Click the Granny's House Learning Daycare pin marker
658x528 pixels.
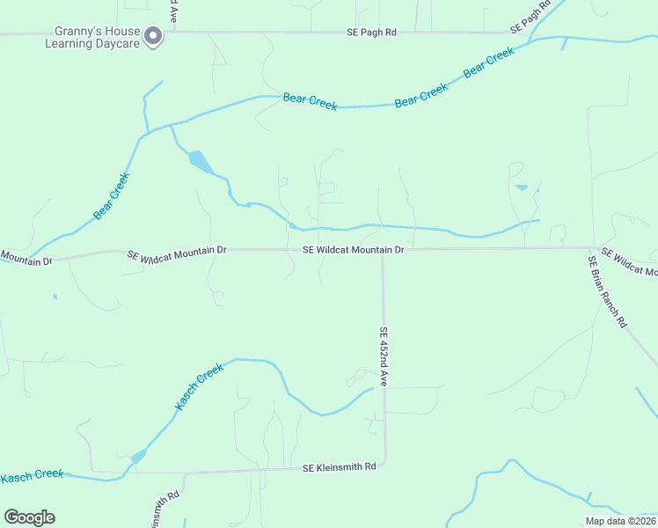[153, 35]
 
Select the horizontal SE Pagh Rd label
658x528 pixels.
[370, 33]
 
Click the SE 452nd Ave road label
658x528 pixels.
[384, 357]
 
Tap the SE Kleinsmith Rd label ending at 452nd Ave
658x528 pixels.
[339, 467]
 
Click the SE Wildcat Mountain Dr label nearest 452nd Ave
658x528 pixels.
[353, 250]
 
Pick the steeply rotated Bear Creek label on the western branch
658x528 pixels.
[112, 195]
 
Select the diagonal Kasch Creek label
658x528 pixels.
[200, 386]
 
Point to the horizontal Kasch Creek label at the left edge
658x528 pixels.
[32, 475]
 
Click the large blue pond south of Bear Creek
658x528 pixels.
[200, 162]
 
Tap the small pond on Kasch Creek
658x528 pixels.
[138, 457]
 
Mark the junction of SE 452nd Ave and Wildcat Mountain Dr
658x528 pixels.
[383, 249]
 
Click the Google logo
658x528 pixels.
[29, 517]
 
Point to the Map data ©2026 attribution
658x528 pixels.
[620, 521]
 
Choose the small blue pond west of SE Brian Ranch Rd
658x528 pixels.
[521, 187]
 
